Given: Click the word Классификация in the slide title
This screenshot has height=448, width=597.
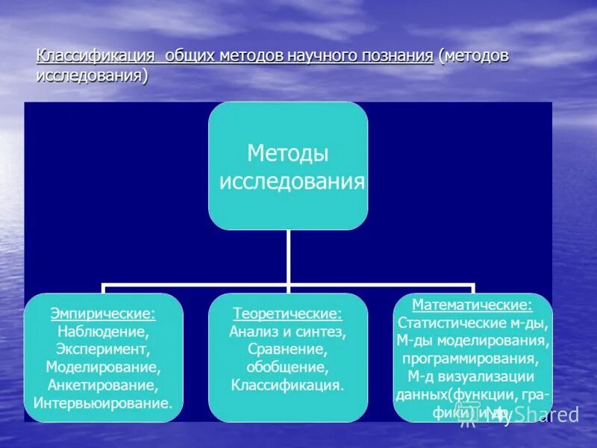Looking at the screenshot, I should click(95, 57).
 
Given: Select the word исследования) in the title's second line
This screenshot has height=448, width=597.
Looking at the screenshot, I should click(92, 76).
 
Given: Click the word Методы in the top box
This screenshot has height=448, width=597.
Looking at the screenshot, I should click(287, 154).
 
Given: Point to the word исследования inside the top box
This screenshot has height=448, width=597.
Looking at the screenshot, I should click(292, 181).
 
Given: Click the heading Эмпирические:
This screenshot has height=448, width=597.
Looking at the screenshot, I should click(103, 314).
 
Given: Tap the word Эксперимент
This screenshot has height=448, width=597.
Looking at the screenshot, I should click(103, 349).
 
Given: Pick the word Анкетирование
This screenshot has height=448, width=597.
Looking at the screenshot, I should click(103, 385).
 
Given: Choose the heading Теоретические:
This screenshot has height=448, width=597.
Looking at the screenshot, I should click(287, 314).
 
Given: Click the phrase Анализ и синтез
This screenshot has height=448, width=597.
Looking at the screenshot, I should click(287, 332).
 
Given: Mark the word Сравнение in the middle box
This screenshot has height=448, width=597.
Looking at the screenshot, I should click(287, 349).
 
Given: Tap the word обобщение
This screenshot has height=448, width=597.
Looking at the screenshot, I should click(287, 367).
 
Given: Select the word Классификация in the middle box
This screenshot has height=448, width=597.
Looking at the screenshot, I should click(287, 386).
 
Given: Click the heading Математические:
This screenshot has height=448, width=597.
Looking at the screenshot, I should click(472, 305).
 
